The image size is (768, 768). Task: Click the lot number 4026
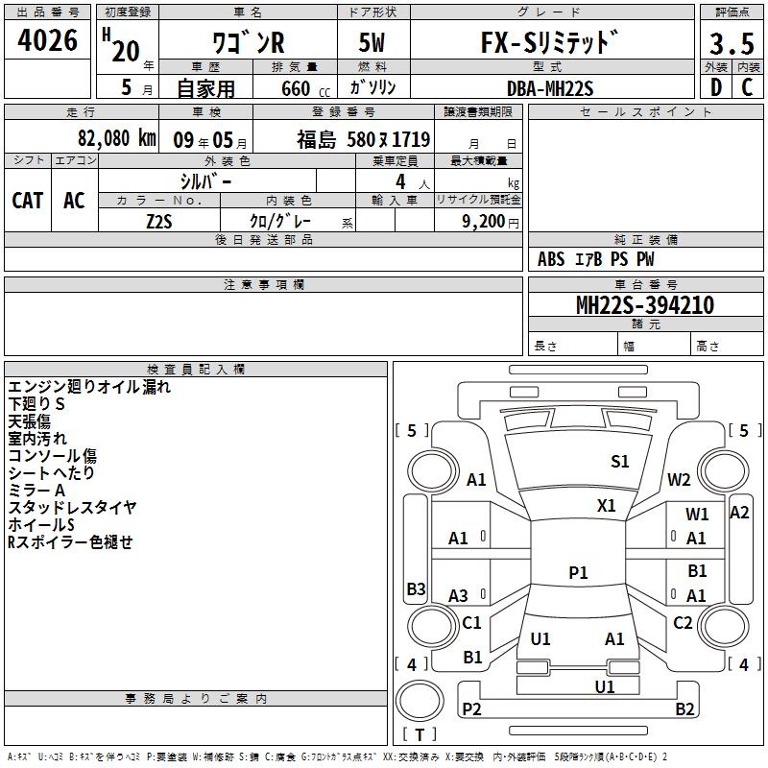47,40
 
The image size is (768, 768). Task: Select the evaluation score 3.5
732,43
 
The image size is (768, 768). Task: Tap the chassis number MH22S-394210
645,304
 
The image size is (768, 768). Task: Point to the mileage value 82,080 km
116,138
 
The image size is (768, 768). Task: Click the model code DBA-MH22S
550,88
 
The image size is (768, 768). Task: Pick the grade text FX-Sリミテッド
549,41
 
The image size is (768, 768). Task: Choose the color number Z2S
159,222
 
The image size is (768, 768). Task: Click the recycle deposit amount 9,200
484,222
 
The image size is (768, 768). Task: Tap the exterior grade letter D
716,87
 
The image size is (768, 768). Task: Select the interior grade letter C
747,87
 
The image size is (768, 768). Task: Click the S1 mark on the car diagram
619,462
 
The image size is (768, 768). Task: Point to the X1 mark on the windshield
606,506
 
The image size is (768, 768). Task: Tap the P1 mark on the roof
578,572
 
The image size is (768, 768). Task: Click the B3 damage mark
417,588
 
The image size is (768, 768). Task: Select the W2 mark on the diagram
679,480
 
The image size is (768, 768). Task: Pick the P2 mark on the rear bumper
471,708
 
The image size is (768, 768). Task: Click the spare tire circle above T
420,700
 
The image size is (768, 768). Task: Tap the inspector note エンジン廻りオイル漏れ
89,387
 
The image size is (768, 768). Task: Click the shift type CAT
28,201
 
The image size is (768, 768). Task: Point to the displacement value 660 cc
305,88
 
